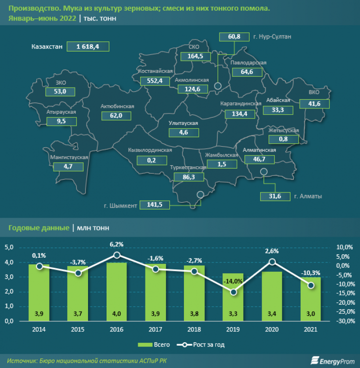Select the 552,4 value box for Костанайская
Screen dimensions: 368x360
[154, 81]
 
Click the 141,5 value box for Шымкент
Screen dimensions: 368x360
[155, 205]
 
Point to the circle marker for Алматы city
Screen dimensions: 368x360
[264, 172]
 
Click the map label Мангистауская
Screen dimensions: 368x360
[69, 158]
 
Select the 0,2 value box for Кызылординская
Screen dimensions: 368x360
[150, 159]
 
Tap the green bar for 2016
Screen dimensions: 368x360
[117, 292]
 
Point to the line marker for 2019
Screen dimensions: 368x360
[233, 292]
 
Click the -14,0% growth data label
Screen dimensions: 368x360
[234, 281]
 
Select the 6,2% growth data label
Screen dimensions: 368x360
[117, 244]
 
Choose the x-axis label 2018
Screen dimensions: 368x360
[194, 330]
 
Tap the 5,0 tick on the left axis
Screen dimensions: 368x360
[9, 247]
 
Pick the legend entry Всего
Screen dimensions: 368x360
[155, 345]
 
